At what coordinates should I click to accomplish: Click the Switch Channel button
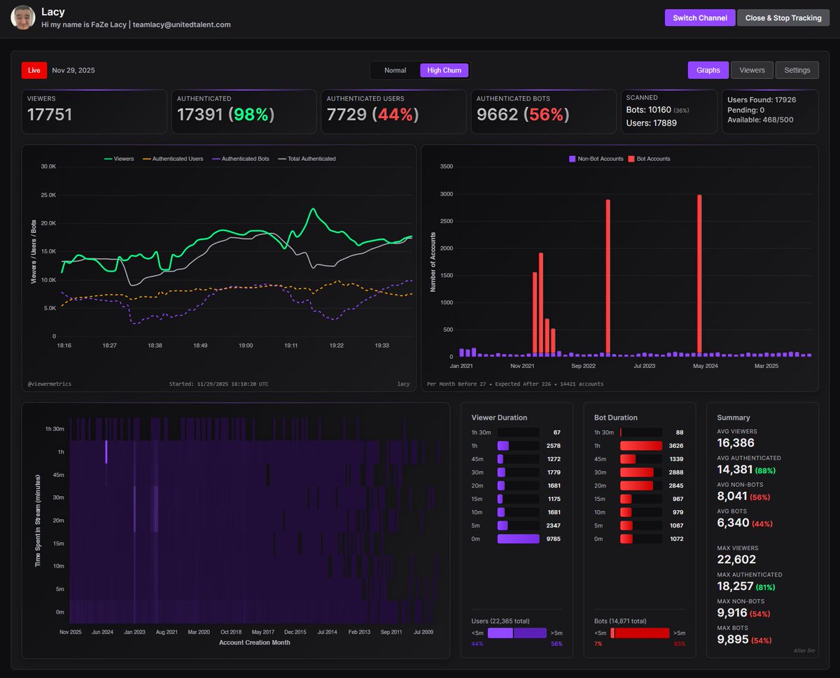pos(699,17)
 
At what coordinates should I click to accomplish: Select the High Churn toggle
pos(444,70)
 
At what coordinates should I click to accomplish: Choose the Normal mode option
pos(395,70)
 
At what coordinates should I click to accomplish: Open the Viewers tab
pos(752,70)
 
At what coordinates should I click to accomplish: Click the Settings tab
pos(797,70)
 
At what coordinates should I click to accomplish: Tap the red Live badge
pos(34,70)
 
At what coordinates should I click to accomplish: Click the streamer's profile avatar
pos(23,17)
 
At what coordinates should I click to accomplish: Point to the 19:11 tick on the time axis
pos(291,345)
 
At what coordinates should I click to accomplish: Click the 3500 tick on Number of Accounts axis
pos(445,167)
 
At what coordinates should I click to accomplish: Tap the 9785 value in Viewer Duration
pos(553,539)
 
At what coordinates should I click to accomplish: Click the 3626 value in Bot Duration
pos(675,446)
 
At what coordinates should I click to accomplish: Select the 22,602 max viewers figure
pos(736,560)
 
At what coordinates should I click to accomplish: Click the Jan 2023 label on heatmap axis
pos(134,632)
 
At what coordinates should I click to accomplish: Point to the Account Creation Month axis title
pos(254,642)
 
